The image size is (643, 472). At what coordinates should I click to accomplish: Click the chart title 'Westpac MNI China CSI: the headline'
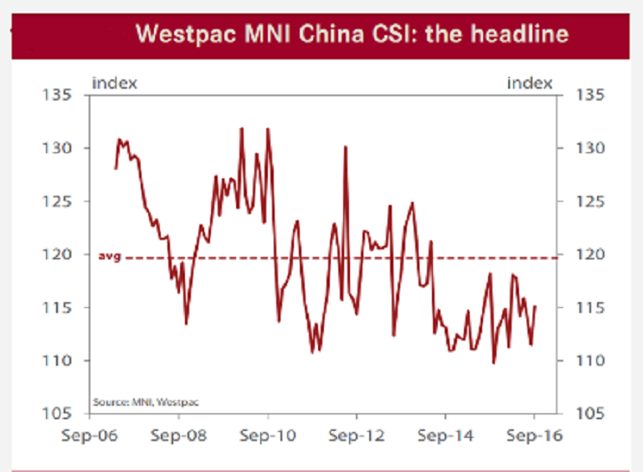(x=352, y=34)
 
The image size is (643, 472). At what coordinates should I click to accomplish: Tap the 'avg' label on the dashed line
(x=111, y=256)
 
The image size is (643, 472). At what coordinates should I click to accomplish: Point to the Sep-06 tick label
(x=91, y=436)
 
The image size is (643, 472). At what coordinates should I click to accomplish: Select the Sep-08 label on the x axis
(x=179, y=436)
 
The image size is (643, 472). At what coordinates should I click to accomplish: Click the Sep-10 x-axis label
(x=268, y=436)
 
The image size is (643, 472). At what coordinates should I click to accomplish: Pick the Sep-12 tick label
(x=357, y=436)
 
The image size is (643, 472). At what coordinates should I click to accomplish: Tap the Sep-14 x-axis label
(x=445, y=436)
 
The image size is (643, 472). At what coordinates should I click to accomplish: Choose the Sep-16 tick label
(x=534, y=436)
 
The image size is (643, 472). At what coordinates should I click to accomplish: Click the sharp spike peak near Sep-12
(x=345, y=147)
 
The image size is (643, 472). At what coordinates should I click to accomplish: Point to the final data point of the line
(x=535, y=306)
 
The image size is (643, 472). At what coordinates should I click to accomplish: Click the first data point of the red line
(x=116, y=168)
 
